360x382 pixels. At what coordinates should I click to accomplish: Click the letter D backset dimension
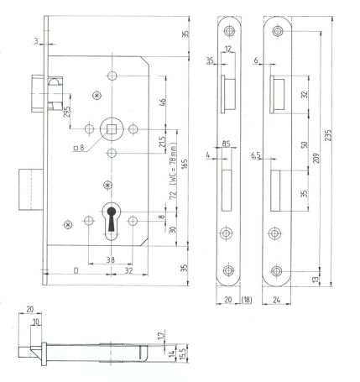(77, 272)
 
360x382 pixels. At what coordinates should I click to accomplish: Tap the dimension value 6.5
(254, 155)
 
